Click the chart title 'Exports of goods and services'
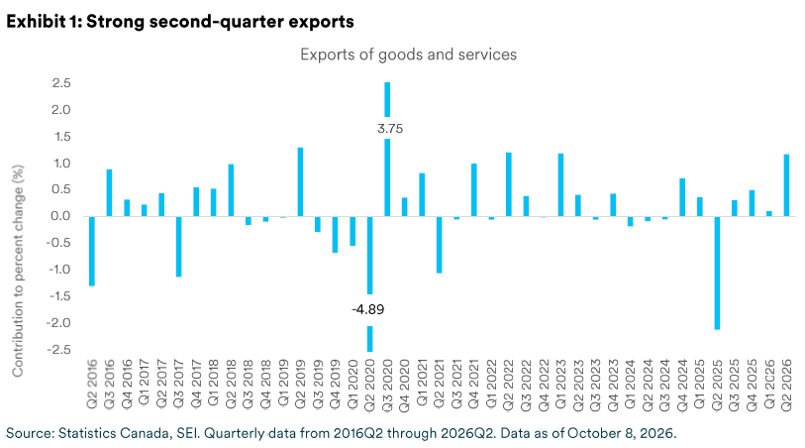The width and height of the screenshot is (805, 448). (408, 55)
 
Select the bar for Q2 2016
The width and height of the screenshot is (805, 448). (92, 251)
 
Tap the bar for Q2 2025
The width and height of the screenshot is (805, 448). (717, 273)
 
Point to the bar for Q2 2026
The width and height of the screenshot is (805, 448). (786, 185)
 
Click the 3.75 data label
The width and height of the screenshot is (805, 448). (390, 129)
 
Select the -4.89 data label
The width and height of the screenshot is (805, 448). (368, 309)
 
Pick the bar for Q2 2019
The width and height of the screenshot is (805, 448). (300, 181)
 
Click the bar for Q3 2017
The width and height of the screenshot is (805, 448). (178, 247)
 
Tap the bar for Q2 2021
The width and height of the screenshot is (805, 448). (439, 245)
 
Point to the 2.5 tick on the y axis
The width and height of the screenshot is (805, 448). (61, 83)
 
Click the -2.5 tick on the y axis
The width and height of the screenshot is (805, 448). (58, 350)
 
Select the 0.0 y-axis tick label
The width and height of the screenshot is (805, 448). (60, 216)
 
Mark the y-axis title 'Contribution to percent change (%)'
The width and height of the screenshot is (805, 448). (18, 271)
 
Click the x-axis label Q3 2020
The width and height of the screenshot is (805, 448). (387, 386)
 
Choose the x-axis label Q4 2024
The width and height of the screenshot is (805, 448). (682, 386)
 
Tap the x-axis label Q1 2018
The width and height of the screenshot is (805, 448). (214, 384)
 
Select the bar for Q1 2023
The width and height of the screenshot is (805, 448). (560, 185)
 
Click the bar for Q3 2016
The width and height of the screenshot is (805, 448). (109, 192)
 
